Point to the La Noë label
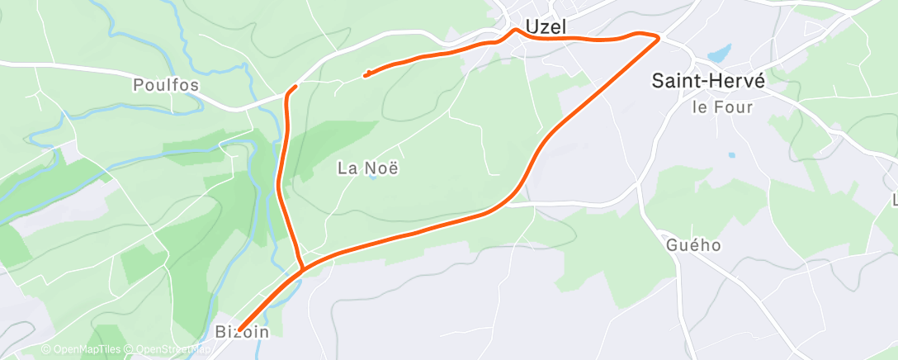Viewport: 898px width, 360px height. pos(369,168)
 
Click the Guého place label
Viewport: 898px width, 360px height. pos(693,245)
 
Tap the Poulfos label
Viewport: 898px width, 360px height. pos(166,85)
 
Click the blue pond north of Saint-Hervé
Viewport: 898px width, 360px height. pos(719,54)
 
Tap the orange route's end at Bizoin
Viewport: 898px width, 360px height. pos(239,329)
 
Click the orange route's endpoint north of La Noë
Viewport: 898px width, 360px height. pos(365,76)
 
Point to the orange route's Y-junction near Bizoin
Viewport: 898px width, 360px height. pos(303,269)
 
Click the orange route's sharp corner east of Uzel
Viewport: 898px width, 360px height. pos(659,37)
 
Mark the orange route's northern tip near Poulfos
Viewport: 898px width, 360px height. pos(295,86)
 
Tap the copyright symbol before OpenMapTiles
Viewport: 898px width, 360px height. pos(46,350)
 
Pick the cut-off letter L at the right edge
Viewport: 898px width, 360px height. pos(895,201)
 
